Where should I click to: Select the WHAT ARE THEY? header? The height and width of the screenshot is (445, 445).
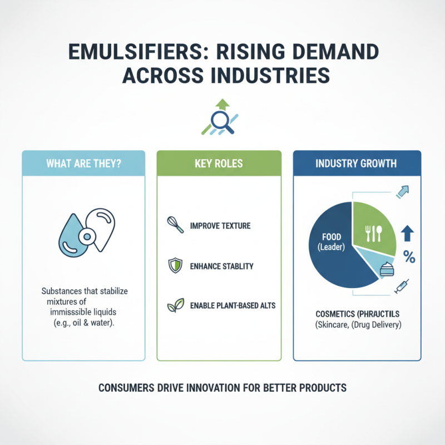(x=83, y=164)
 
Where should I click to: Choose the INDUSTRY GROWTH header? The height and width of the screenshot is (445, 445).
(x=356, y=164)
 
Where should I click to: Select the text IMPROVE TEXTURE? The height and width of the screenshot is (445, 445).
(x=220, y=226)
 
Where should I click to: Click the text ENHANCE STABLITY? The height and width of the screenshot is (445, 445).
(x=221, y=266)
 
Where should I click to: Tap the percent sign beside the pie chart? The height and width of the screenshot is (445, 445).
(x=409, y=257)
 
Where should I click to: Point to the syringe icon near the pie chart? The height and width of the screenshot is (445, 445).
(x=402, y=285)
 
